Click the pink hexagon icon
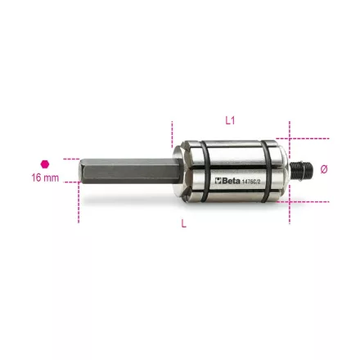(45, 164)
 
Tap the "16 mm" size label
(45, 178)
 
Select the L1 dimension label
(230, 120)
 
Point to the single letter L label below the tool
(183, 225)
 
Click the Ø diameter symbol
(324, 169)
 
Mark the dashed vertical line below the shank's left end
(79, 205)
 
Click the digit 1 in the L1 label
(233, 120)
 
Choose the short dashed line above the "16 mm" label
(70, 160)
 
